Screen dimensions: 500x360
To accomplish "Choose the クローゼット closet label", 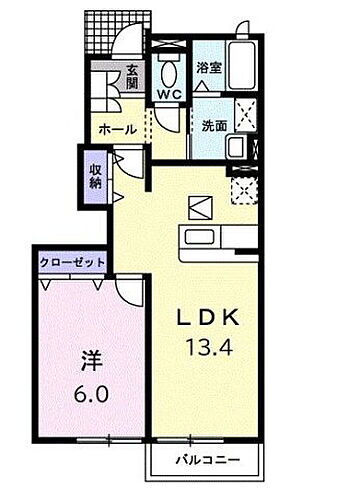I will point(73,262).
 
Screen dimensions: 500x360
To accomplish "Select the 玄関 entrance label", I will point(132,77).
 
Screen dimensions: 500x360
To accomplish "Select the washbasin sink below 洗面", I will point(237,148).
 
